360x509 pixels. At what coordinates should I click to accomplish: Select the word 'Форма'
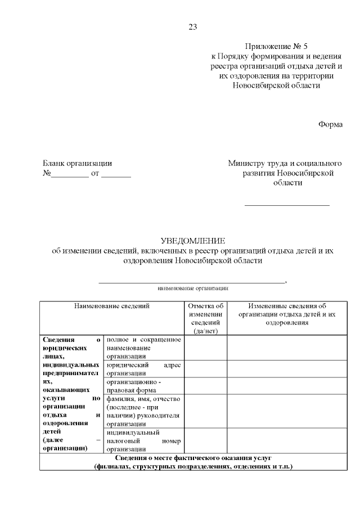coord(330,125)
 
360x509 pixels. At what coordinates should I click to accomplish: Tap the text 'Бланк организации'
coord(77,164)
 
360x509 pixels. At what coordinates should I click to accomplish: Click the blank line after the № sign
coord(69,175)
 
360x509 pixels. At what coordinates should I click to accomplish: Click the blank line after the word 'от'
coord(116,175)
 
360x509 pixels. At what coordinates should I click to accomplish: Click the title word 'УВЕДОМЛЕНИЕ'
coord(192,241)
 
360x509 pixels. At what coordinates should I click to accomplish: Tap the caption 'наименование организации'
coord(192,288)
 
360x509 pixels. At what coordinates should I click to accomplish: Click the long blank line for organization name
coord(192,281)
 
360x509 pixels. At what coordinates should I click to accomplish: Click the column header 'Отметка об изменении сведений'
coord(205,318)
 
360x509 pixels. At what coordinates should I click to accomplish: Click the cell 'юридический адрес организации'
coord(143,368)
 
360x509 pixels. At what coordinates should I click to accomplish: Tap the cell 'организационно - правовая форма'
coord(143,385)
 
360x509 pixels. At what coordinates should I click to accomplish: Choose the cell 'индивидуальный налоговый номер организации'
coord(143,441)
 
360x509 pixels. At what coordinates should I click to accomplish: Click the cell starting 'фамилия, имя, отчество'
coord(143,411)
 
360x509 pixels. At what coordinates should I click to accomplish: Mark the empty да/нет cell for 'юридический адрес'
coord(205,368)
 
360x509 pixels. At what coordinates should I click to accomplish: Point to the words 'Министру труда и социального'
coord(285,164)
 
